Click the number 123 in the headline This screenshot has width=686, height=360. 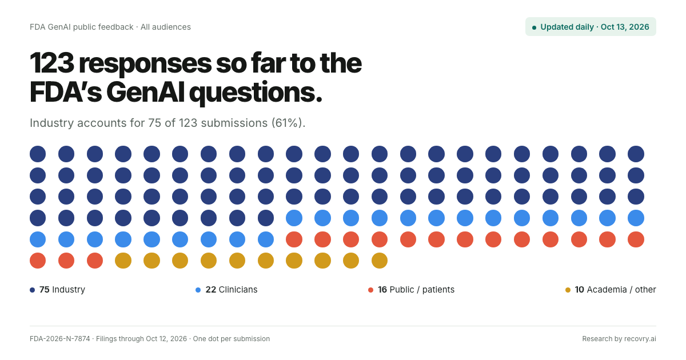pos(52,63)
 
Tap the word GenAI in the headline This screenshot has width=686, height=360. pos(145,93)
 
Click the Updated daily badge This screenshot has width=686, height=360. pos(591,27)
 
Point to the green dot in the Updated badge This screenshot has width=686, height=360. pos(534,27)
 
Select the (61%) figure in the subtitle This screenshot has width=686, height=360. pos(288,123)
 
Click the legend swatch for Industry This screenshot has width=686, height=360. pos(32,290)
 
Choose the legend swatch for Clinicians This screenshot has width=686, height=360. pos(198,290)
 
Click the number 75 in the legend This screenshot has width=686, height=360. pos(45,290)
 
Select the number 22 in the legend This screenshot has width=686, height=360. pos(211,290)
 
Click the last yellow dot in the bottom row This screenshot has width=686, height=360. pos(380,261)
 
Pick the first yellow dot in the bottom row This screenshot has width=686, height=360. pos(123,261)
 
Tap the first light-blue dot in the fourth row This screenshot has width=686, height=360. pos(294,218)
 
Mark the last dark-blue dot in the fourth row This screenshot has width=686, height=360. pos(265,218)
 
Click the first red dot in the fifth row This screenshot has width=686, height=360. pos(294,239)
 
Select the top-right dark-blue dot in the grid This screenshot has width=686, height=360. pos(636,154)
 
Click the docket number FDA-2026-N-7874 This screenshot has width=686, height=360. pos(59,338)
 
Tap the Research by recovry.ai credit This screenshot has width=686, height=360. pos(619,338)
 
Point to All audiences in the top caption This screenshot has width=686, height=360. pos(166,27)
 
